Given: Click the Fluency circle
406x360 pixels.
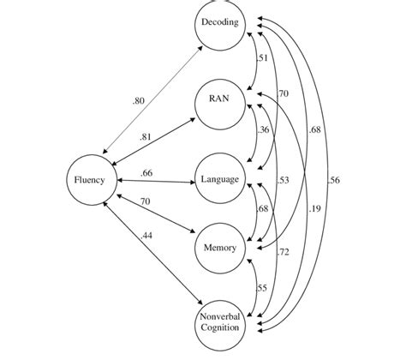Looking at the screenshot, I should [90, 181].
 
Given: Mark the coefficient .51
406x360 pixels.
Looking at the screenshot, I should [263, 59].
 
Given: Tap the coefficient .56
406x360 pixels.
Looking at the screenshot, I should [334, 180].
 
